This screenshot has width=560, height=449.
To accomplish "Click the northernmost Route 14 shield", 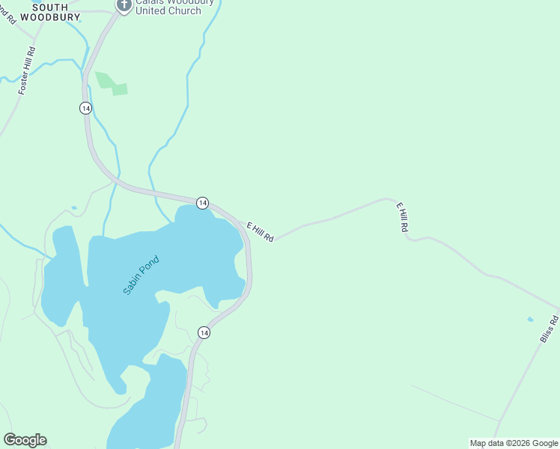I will click(85, 109).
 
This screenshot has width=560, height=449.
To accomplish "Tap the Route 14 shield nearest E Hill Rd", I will click(202, 203).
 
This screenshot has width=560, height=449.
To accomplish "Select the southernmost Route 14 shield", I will click(203, 332).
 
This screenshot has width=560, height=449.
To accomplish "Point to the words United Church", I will click(168, 11).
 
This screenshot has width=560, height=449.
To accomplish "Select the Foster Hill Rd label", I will click(27, 71).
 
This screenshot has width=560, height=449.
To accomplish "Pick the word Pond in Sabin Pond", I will click(152, 264).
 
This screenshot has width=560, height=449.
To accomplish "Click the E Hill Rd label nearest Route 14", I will click(260, 231).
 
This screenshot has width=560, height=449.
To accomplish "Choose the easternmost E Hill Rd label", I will click(402, 217).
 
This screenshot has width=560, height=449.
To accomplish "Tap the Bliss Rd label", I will click(550, 330).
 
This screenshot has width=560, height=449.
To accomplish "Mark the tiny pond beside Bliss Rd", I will click(530, 320).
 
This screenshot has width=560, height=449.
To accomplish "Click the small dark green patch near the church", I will click(111, 84).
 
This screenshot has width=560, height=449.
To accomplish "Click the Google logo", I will click(25, 440).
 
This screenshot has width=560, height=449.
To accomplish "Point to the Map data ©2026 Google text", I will click(514, 443).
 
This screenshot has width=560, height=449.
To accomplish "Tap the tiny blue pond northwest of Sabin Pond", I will click(73, 208).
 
